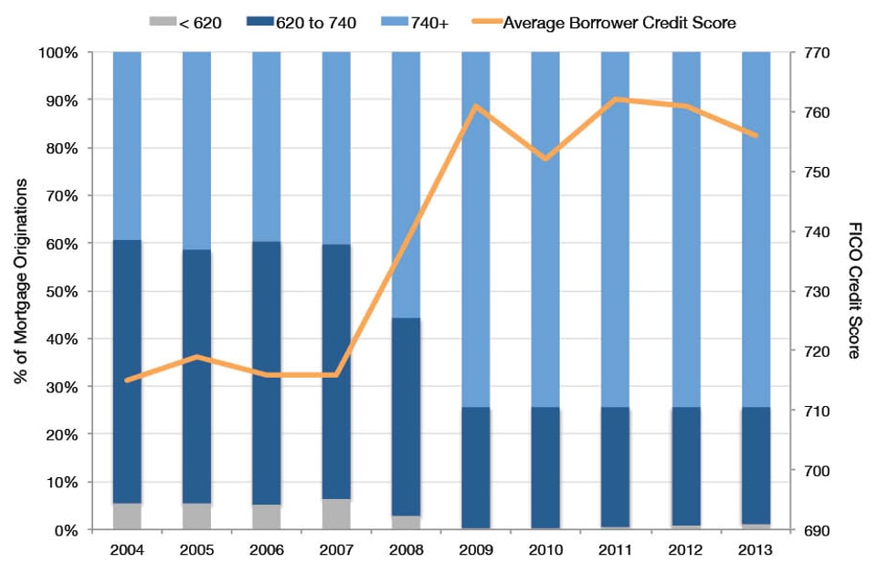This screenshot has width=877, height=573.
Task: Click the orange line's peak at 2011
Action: tap(617, 99)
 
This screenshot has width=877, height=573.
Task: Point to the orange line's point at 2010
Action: tap(546, 159)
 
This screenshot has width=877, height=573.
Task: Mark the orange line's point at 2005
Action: tap(197, 357)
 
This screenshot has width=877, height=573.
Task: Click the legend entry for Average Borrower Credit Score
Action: tap(620, 21)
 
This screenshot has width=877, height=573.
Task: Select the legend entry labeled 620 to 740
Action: tap(310, 21)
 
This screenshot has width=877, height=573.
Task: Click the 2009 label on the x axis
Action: tap(476, 550)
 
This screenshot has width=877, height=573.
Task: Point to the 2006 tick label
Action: tap(266, 550)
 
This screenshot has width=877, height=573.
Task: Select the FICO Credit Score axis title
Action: tap(854, 290)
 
